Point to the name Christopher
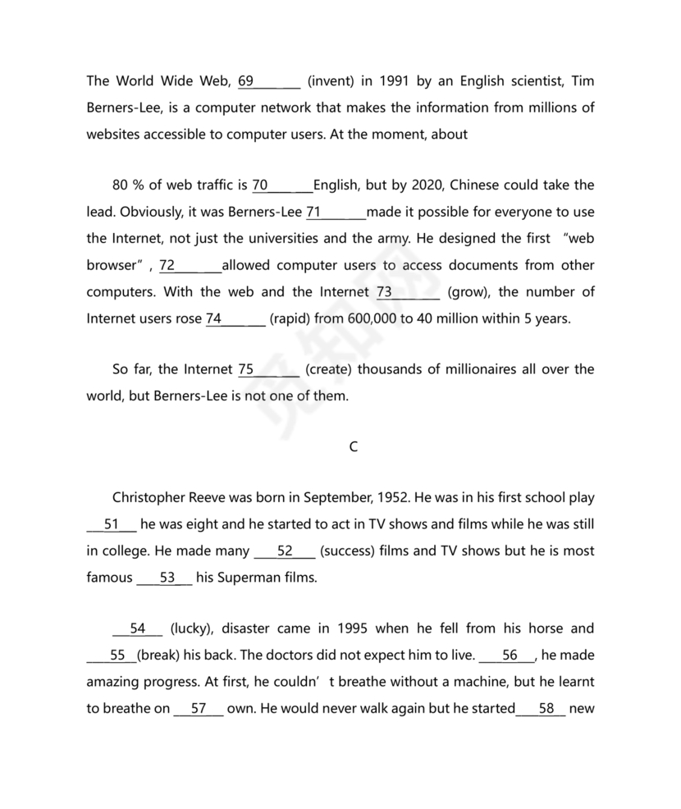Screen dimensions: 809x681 pyautogui.click(x=149, y=498)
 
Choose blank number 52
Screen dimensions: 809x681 pyautogui.click(x=285, y=551)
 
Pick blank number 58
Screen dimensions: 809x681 pyautogui.click(x=541, y=708)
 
